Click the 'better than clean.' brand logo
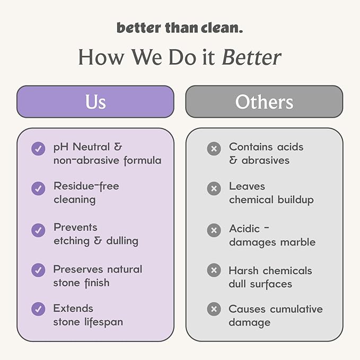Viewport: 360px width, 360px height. pyautogui.click(x=180, y=28)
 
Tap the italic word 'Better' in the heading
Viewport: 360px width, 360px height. pyautogui.click(x=251, y=57)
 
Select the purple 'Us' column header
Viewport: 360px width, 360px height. pyautogui.click(x=95, y=101)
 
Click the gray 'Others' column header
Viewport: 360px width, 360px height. pyautogui.click(x=264, y=101)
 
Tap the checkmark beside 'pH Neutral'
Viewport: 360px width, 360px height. pyautogui.click(x=38, y=148)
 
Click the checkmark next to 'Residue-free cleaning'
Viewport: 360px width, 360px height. pyautogui.click(x=38, y=188)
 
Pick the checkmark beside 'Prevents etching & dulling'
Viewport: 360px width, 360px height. pyautogui.click(x=38, y=230)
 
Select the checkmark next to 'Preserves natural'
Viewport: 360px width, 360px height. pyautogui.click(x=38, y=270)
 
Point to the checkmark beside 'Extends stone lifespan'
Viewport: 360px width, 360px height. pyautogui.click(x=38, y=309)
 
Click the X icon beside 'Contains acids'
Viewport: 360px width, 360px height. pyautogui.click(x=214, y=148)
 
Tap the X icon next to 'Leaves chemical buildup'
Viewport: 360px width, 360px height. pyautogui.click(x=214, y=188)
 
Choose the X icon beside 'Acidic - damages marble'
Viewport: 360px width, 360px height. pyautogui.click(x=214, y=230)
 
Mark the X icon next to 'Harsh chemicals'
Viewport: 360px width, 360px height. pyautogui.click(x=214, y=270)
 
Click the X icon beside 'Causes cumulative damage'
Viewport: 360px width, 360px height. pyautogui.click(x=214, y=309)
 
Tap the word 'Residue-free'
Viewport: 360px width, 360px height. pyautogui.click(x=86, y=186)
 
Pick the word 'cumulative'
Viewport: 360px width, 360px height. pyautogui.click(x=296, y=309)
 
